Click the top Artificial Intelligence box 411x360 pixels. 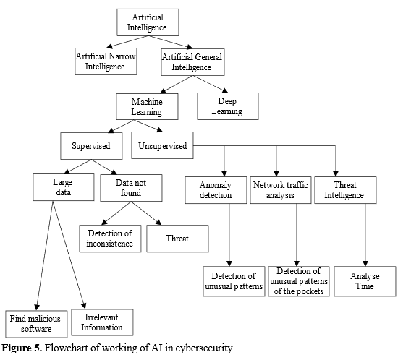click(x=148, y=22)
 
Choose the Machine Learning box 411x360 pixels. click(x=147, y=107)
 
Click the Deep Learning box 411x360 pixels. click(x=228, y=107)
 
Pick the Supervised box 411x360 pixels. click(x=90, y=146)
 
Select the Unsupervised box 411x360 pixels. click(x=161, y=146)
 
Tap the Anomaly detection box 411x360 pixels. click(x=215, y=189)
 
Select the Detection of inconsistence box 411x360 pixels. click(x=110, y=239)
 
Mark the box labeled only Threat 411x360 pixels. click(x=177, y=239)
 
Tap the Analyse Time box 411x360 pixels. click(x=365, y=281)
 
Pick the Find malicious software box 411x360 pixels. click(x=35, y=323)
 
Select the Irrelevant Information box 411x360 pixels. click(x=103, y=322)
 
